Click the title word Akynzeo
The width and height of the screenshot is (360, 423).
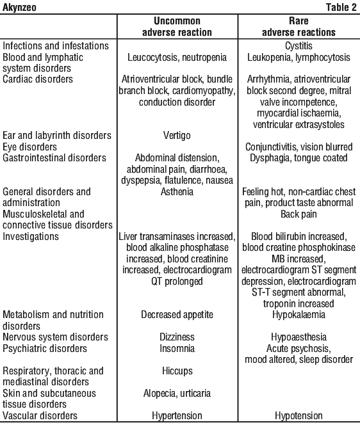[19, 7]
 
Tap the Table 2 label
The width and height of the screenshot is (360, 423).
[341, 7]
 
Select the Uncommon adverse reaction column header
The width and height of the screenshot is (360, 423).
[177, 26]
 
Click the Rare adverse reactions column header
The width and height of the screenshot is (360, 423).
[299, 26]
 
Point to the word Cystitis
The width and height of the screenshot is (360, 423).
[299, 46]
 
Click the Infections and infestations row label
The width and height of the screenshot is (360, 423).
[56, 45]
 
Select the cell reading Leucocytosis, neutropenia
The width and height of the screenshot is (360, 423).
[177, 57]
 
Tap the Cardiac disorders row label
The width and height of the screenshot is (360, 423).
[38, 79]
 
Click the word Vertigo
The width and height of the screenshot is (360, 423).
[177, 136]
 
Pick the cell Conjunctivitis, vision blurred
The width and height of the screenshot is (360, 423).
[299, 147]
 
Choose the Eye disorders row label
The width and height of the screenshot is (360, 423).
[29, 147]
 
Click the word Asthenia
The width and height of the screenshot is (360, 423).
[177, 191]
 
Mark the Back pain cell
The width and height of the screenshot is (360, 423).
[299, 214]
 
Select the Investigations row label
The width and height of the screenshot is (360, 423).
[31, 237]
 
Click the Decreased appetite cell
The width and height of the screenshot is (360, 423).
[177, 315]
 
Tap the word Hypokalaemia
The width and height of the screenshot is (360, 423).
[299, 315]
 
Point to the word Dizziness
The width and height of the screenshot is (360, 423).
[177, 337]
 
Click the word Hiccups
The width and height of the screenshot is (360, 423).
[177, 371]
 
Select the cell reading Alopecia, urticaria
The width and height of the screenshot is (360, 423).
[177, 394]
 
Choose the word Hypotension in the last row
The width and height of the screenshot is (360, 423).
[299, 416]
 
